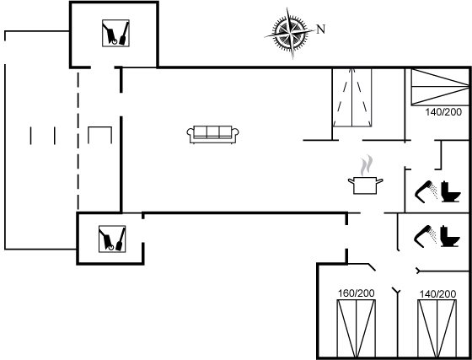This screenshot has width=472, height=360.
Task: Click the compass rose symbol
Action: tap(293, 33)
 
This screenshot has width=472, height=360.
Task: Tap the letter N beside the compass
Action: tap(320, 29)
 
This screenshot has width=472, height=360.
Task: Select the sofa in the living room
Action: tap(213, 133)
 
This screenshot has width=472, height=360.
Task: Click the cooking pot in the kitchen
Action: tap(364, 185)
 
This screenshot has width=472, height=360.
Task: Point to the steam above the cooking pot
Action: tap(365, 164)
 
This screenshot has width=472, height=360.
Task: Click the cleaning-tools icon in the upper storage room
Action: tap(114, 35)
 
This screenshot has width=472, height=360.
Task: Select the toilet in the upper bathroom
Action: tap(451, 193)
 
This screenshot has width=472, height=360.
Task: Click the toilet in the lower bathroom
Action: tap(451, 235)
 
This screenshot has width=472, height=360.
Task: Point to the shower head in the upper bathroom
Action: tap(425, 192)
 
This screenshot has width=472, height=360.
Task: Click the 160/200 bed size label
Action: tap(356, 293)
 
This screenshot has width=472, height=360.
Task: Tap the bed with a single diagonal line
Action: tap(438, 87)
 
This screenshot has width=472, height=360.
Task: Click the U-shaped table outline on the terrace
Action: tap(99, 134)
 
